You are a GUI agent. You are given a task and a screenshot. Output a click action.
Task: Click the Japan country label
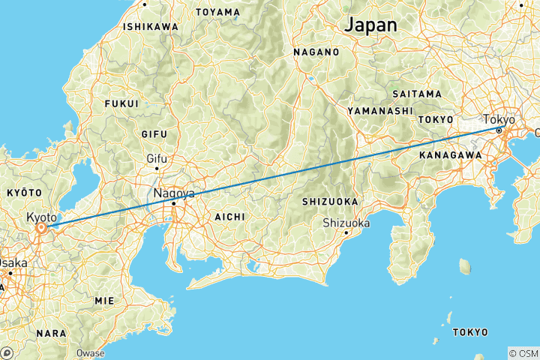(370, 24)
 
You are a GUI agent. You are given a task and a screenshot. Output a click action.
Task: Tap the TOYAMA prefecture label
(217, 13)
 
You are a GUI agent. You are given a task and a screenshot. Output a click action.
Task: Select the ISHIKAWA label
(151, 27)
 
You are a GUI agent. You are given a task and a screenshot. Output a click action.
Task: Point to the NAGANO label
(316, 52)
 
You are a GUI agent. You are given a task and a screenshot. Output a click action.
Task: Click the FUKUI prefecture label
(122, 103)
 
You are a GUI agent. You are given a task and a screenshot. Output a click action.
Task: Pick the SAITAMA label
(417, 94)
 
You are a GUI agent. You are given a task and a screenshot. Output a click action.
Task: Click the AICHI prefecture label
(229, 216)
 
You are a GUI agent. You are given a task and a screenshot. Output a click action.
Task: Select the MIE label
(104, 300)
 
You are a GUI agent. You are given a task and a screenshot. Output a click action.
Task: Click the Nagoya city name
(174, 193)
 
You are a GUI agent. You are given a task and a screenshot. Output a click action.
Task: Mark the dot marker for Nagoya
(173, 203)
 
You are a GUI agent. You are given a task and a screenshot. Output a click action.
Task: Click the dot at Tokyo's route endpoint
(499, 130)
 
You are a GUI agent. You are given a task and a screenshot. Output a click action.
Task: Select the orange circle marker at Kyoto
(43, 227)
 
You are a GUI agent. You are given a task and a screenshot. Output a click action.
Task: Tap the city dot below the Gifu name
(157, 168)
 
